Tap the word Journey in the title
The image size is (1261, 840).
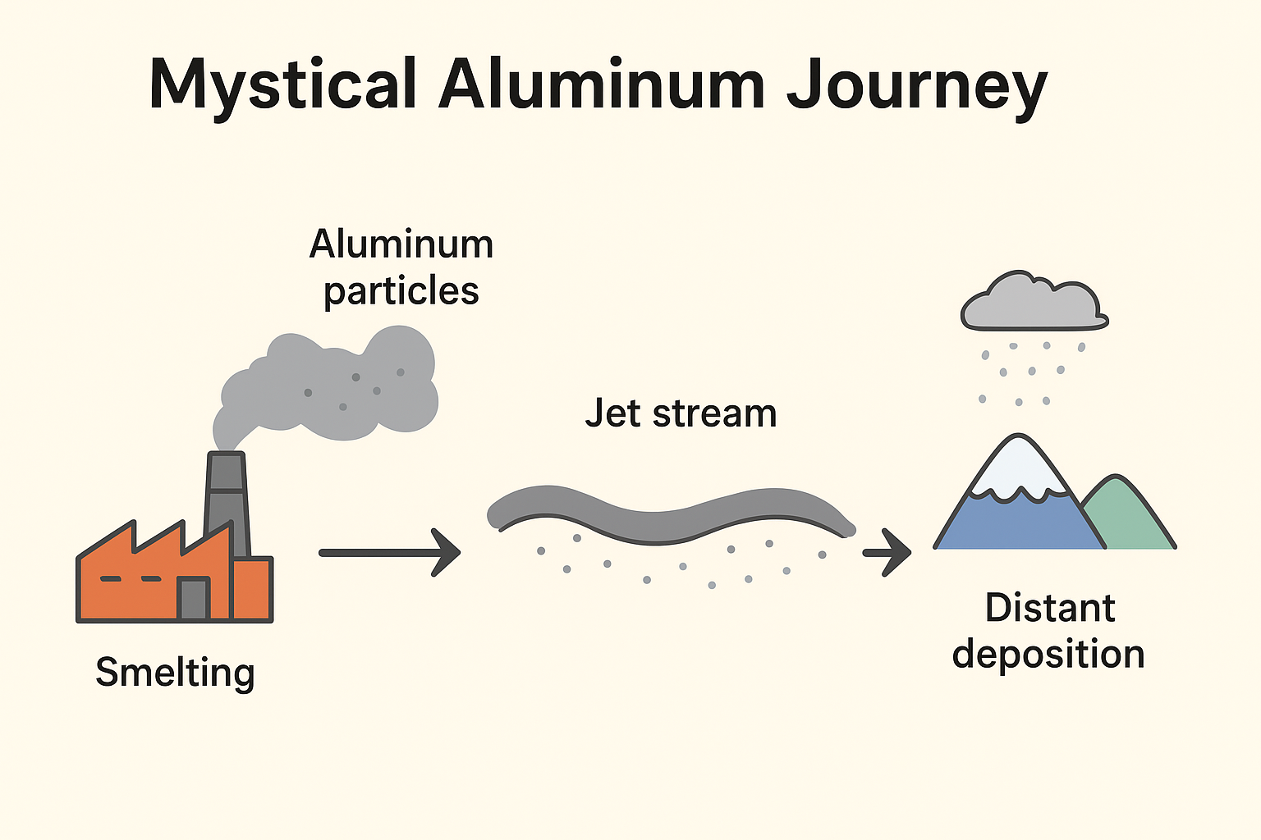click(x=917, y=86)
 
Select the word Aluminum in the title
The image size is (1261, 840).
click(x=602, y=84)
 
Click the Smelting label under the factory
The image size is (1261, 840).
click(x=175, y=673)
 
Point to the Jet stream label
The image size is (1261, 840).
click(x=681, y=413)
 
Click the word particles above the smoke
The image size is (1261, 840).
click(x=401, y=292)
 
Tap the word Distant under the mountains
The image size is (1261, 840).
click(x=1050, y=608)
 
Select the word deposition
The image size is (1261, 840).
click(x=1048, y=655)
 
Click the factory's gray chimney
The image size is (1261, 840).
click(x=227, y=500)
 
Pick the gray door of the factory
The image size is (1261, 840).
click(x=194, y=598)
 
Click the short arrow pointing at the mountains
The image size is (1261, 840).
click(x=887, y=552)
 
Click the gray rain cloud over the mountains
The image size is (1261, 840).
click(x=1034, y=304)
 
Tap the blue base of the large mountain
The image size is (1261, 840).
click(x=1018, y=525)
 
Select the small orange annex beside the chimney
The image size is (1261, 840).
click(x=253, y=588)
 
